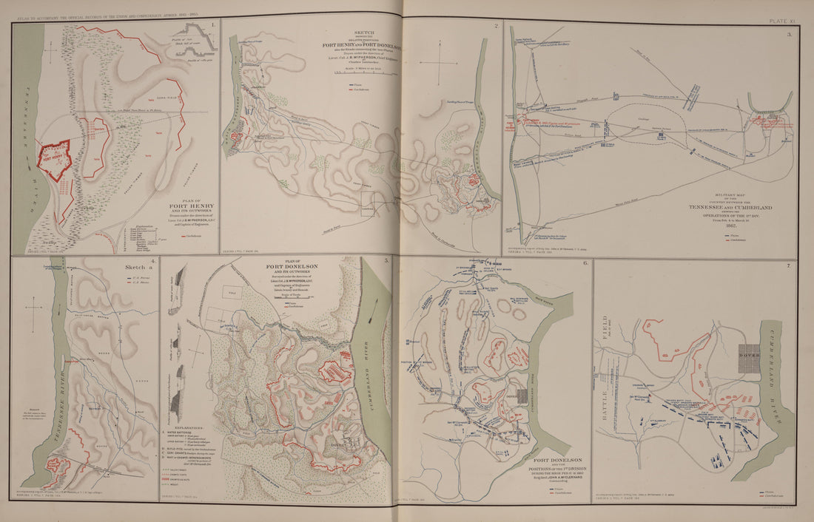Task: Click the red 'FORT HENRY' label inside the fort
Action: pyautogui.click(x=56, y=156)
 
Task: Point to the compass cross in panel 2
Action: pyautogui.click(x=441, y=64)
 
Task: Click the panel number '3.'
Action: pyautogui.click(x=789, y=34)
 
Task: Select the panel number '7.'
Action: pyautogui.click(x=789, y=265)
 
